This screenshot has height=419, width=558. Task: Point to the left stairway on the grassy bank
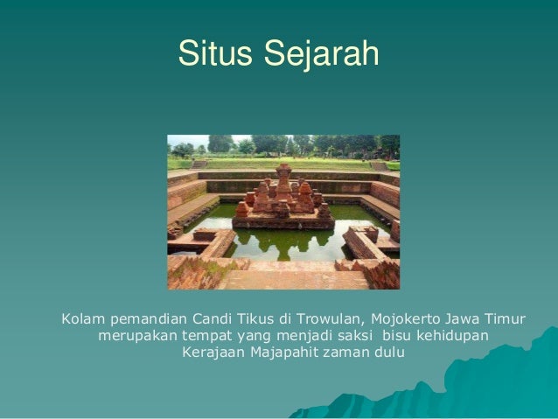click(x=200, y=164)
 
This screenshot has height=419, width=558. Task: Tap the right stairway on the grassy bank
click(x=379, y=165)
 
